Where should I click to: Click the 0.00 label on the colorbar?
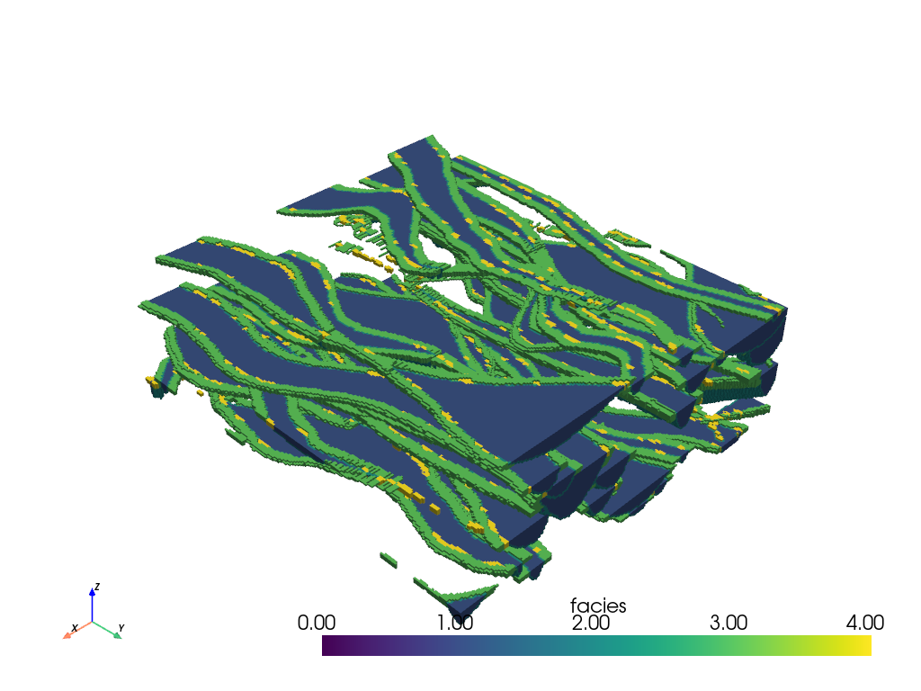tap(316, 623)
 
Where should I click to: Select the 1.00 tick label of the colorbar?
tap(454, 623)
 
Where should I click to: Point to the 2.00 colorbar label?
tap(591, 623)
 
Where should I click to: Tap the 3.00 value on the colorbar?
tap(729, 623)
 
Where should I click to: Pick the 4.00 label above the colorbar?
tap(864, 623)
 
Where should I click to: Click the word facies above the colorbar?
tap(598, 606)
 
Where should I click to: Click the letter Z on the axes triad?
tap(97, 587)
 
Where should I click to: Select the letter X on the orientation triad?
tap(75, 628)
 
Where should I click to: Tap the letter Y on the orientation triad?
tap(121, 628)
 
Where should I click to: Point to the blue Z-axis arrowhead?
tap(93, 592)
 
